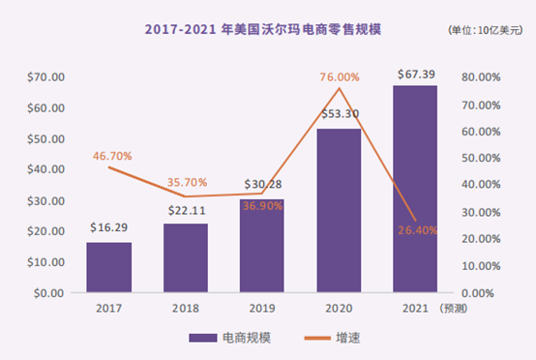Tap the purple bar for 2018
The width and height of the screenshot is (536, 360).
[185, 257]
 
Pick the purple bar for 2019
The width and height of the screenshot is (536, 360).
[261, 247]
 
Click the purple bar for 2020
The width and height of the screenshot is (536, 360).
[338, 210]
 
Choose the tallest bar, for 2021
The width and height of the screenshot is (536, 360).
[414, 189]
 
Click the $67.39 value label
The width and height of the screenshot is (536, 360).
[415, 75]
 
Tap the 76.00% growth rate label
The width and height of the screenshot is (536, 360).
[338, 76]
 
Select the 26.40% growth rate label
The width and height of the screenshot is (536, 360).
[414, 230]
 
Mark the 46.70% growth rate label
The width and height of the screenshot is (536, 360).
[109, 155]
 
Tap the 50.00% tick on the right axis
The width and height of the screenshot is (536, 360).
[481, 158]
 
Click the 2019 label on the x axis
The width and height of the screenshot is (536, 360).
[261, 310]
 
